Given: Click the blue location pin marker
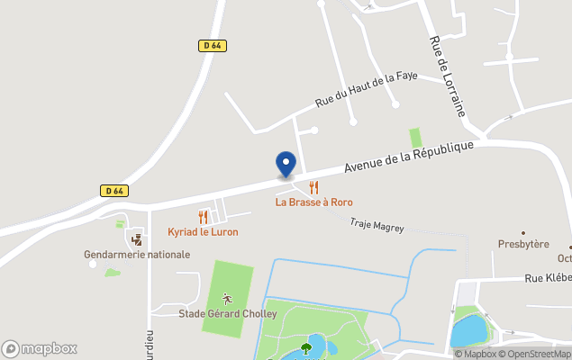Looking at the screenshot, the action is pyautogui.click(x=286, y=164).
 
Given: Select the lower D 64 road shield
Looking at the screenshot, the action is pyautogui.click(x=113, y=190).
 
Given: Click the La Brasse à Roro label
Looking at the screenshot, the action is pyautogui.click(x=314, y=202).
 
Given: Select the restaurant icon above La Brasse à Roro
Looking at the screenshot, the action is pyautogui.click(x=314, y=186).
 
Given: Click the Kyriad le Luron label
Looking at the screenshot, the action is pyautogui.click(x=203, y=232).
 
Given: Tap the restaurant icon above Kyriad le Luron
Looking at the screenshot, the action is pyautogui.click(x=203, y=216).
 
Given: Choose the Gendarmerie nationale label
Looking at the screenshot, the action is pyautogui.click(x=137, y=255).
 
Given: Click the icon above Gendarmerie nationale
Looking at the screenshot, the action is pyautogui.click(x=137, y=239).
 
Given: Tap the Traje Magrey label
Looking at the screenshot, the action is pyautogui.click(x=377, y=227).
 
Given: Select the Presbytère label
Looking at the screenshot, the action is pyautogui.click(x=523, y=244).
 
